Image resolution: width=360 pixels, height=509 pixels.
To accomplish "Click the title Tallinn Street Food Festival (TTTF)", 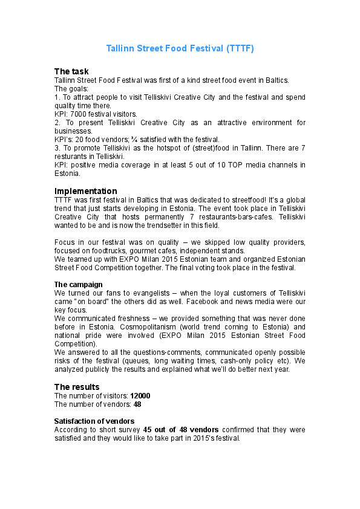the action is point(180,48).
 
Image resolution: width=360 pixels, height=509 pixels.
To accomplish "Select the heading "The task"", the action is point(71,71).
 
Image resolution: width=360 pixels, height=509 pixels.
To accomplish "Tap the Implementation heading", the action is point(86,191).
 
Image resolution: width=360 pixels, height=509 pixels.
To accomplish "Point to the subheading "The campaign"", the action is point(79,284).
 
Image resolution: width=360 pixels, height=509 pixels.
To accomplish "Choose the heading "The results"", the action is point(77,387).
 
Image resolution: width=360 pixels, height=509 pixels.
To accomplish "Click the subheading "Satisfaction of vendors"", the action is point(94,421).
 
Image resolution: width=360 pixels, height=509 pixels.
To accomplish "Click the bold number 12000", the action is point(140,395).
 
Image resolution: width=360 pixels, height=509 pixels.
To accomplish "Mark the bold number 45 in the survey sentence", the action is point(148,429).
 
